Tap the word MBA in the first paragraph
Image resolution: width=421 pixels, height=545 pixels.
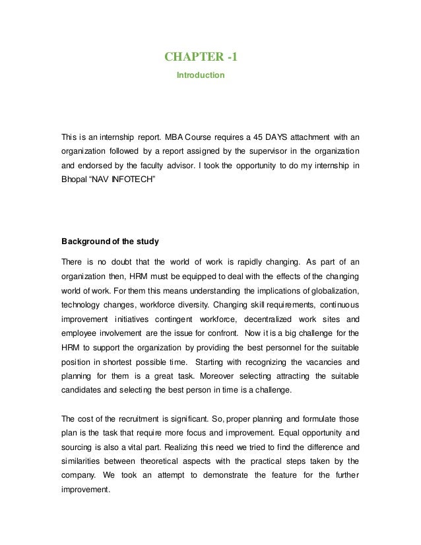coord(176,137)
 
